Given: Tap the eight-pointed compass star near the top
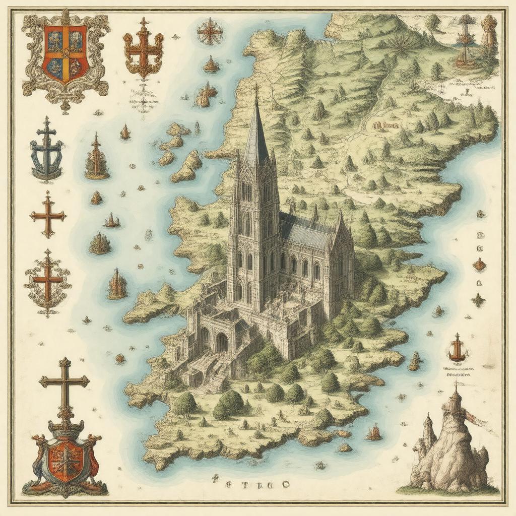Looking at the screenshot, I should (x=210, y=32).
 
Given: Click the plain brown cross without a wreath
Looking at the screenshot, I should (x=48, y=215).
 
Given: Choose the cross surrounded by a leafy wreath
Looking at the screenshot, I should (x=48, y=282).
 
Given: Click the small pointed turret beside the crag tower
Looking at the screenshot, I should (x=428, y=428).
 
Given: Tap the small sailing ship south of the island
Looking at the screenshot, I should (x=373, y=432).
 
